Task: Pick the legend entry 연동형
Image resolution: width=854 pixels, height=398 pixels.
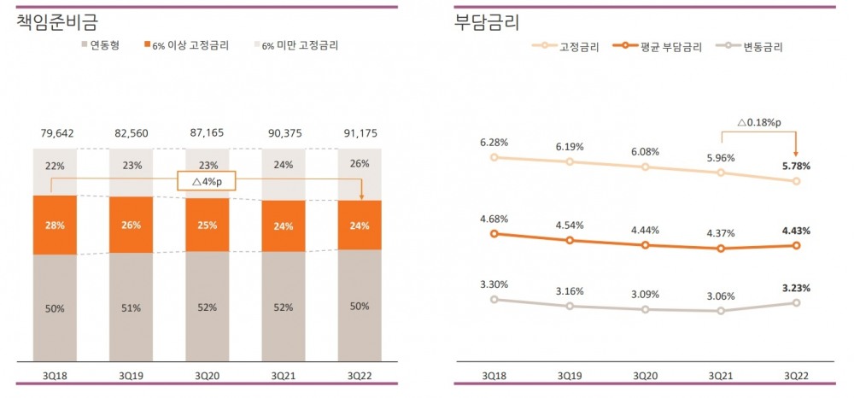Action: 100,44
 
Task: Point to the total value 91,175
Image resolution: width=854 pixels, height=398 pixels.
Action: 359,133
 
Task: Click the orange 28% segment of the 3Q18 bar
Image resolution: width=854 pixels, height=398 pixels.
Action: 55,225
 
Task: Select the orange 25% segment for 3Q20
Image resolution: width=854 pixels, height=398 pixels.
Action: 207,225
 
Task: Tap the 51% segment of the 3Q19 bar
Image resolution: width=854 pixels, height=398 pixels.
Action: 131,307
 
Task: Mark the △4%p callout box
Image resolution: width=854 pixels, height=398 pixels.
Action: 206,180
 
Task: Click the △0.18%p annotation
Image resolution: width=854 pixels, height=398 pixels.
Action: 758,122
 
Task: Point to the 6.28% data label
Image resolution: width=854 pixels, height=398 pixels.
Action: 494,142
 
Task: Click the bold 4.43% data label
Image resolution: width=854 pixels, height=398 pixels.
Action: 795,231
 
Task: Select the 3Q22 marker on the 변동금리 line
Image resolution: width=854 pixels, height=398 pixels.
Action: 796,302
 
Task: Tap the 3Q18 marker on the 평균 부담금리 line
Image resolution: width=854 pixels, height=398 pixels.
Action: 494,233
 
